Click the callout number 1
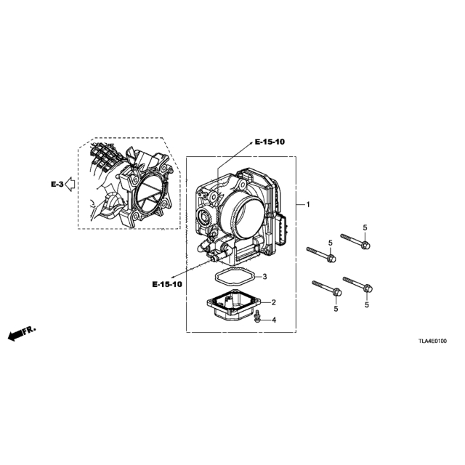(x=308, y=204)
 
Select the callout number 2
(x=273, y=302)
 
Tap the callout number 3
(x=264, y=277)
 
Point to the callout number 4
(x=274, y=320)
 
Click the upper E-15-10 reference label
(x=270, y=142)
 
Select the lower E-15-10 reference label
(x=167, y=284)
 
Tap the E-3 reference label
(x=57, y=185)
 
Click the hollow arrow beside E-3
(x=70, y=184)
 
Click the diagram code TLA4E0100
(x=432, y=341)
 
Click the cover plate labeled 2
(x=234, y=306)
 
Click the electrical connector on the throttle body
(x=282, y=230)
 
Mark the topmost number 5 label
(x=365, y=227)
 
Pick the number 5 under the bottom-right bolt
(x=367, y=304)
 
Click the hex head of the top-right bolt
(x=366, y=246)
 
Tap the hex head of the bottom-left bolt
(x=337, y=292)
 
